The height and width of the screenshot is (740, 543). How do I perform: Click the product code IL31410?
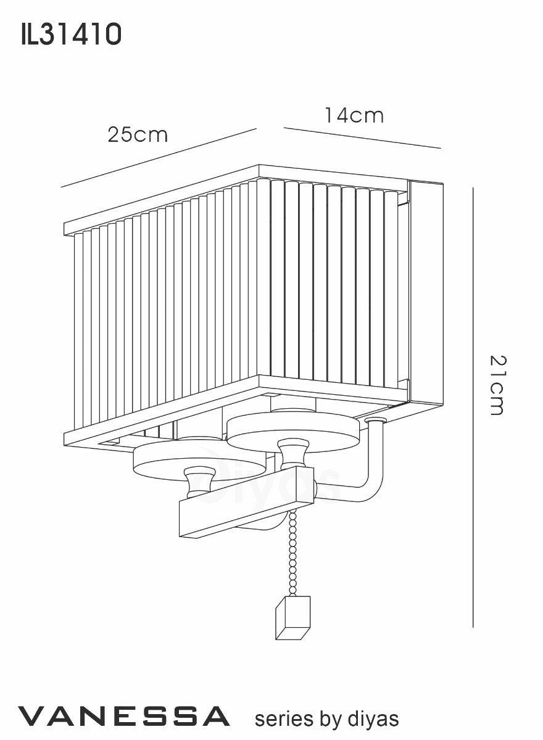[x=72, y=35]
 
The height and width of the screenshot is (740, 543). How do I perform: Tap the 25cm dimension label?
[x=138, y=135]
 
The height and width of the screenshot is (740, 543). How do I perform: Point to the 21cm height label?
[x=497, y=385]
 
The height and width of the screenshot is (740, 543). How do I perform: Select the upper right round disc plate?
[x=293, y=432]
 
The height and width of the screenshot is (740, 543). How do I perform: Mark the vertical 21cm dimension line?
[x=473, y=407]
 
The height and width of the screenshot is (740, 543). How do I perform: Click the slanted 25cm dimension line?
[x=159, y=158]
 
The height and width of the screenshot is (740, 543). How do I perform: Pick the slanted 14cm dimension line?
[x=362, y=138]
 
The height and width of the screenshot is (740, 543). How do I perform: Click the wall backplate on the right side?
[x=426, y=293]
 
